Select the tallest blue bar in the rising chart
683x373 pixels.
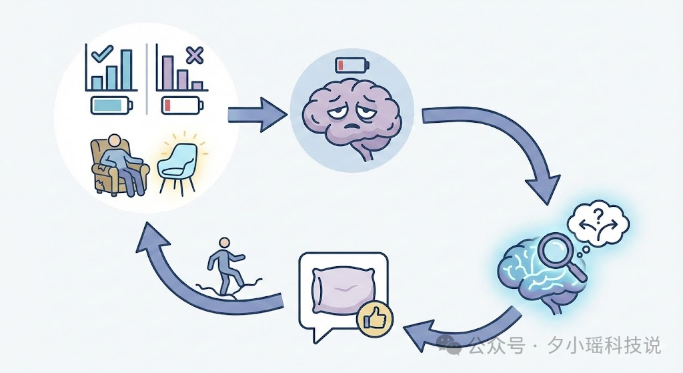[x=126, y=69]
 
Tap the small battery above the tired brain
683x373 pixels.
[x=352, y=65]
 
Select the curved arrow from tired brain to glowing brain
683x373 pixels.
[x=507, y=140]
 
